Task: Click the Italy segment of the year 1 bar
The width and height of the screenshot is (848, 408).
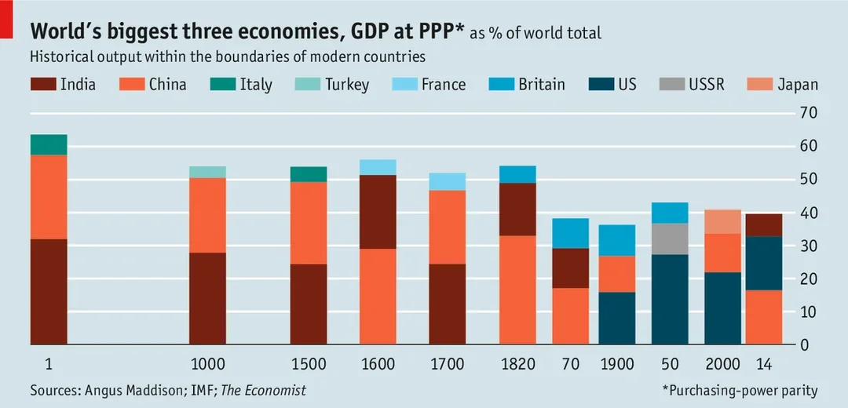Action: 49,144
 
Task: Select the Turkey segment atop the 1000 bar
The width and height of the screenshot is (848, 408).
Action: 208,172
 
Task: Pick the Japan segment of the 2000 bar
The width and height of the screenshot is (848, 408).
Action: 722,221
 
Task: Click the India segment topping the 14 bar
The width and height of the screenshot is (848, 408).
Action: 764,224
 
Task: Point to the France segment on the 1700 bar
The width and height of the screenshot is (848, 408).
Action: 447,181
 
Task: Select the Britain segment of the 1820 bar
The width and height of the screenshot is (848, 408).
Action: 517,174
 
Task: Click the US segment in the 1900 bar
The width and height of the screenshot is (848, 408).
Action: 617,318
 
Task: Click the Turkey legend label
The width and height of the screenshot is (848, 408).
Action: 347,85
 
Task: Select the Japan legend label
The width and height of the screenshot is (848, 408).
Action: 798,85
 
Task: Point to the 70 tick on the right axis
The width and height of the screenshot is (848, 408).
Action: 810,113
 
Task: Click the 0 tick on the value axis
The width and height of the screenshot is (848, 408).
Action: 806,344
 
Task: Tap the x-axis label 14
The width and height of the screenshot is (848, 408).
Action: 763,364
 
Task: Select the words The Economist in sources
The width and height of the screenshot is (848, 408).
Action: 263,390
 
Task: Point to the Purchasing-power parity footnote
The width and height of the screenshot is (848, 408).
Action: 740,390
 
